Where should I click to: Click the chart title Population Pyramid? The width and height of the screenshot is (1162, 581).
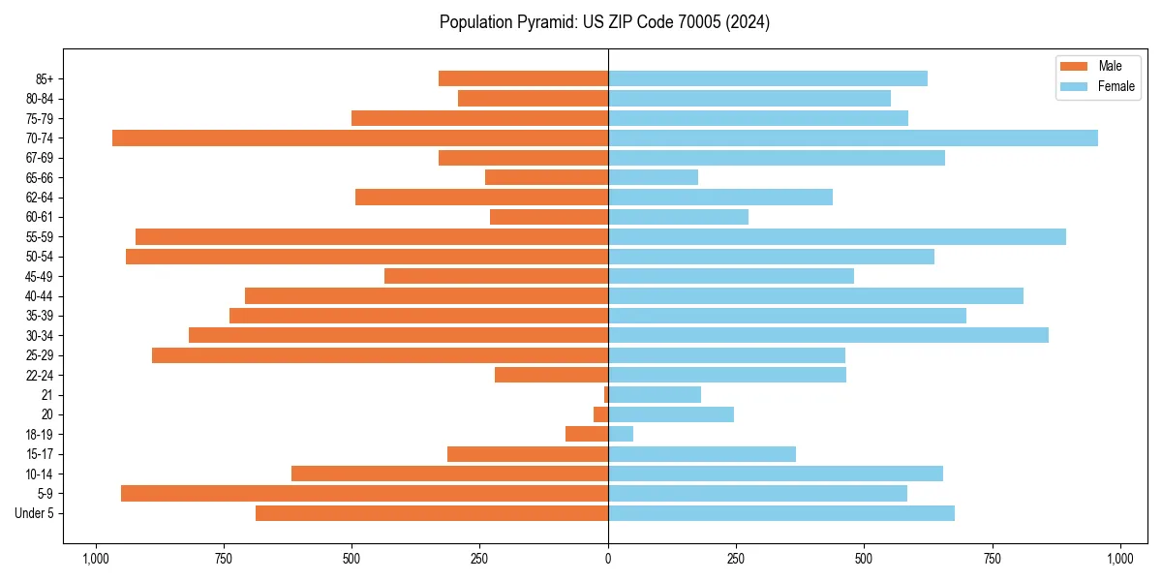pyautogui.click(x=604, y=22)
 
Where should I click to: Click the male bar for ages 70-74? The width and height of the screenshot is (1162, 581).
pyautogui.click(x=360, y=138)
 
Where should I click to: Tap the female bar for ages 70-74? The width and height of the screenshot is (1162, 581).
pyautogui.click(x=853, y=138)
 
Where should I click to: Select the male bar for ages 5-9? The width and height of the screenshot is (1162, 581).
pyautogui.click(x=364, y=493)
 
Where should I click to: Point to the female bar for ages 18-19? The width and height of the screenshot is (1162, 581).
pyautogui.click(x=621, y=434)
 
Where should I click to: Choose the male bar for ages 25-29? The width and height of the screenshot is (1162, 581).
pyautogui.click(x=380, y=355)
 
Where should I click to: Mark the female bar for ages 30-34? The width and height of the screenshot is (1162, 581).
pyautogui.click(x=828, y=335)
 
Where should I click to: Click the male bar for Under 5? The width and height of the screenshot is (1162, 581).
pyautogui.click(x=432, y=513)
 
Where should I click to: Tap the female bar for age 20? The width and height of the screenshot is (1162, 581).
pyautogui.click(x=671, y=414)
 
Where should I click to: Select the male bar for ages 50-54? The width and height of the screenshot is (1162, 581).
pyautogui.click(x=367, y=257)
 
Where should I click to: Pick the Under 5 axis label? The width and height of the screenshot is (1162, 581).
pyautogui.click(x=34, y=513)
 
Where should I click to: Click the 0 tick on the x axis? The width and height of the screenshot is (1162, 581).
pyautogui.click(x=608, y=559)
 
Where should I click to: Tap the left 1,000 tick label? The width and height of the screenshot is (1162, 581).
pyautogui.click(x=95, y=559)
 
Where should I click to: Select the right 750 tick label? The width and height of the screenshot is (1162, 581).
pyautogui.click(x=992, y=559)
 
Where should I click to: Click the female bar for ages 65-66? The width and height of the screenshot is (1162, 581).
pyautogui.click(x=653, y=177)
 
